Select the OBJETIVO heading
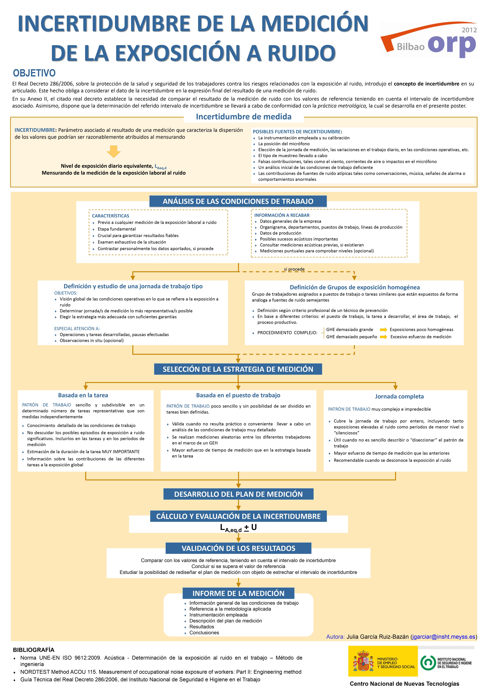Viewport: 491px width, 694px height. pyautogui.click(x=34, y=73)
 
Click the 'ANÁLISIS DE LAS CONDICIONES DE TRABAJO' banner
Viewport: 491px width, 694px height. pyautogui.click(x=238, y=201)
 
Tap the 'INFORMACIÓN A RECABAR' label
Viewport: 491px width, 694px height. pyautogui.click(x=282, y=215)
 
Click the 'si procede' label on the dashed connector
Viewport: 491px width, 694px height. pyautogui.click(x=294, y=269)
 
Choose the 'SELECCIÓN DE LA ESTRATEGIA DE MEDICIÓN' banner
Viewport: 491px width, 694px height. pyautogui.click(x=238, y=369)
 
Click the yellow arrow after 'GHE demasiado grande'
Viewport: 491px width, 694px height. pyautogui.click(x=383, y=329)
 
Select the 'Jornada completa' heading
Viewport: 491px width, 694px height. pyautogui.click(x=399, y=396)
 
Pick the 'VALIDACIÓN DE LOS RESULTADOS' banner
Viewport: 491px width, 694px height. pyautogui.click(x=238, y=548)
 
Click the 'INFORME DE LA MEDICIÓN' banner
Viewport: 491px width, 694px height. pyautogui.click(x=238, y=593)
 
